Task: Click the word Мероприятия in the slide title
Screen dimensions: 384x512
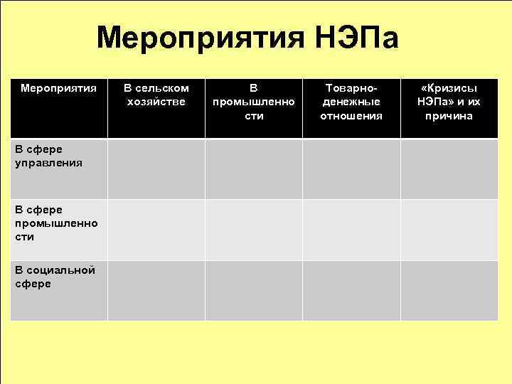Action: (x=198, y=38)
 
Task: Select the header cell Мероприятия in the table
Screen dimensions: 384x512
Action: (x=58, y=88)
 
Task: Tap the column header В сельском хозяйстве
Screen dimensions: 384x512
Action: (x=156, y=95)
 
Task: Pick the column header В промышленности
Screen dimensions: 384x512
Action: (x=254, y=102)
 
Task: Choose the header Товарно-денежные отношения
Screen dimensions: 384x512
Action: (x=351, y=102)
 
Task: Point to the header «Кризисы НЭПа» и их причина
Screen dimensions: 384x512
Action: (x=449, y=102)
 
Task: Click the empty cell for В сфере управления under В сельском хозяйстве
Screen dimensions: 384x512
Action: (x=156, y=169)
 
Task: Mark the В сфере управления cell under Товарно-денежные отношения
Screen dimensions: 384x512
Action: (x=351, y=169)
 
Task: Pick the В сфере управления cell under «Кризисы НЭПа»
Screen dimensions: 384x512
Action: (x=449, y=169)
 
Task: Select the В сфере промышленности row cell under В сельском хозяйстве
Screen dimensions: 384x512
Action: (x=156, y=230)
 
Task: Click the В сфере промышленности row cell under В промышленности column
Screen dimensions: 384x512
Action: (x=254, y=230)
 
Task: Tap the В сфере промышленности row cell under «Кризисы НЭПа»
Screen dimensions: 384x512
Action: (x=449, y=230)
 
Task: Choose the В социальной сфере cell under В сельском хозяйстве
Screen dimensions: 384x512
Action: (x=156, y=290)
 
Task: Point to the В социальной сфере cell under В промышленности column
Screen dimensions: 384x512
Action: (x=254, y=290)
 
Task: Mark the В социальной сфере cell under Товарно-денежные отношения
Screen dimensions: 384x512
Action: (x=351, y=290)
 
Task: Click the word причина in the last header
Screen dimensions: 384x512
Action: (x=449, y=116)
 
